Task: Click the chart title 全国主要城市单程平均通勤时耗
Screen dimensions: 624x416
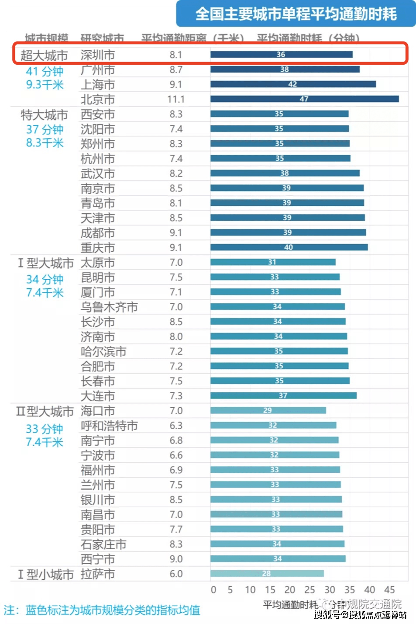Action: (296, 14)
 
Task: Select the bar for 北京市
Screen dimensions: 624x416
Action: (304, 99)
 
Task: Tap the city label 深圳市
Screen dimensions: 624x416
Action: (98, 55)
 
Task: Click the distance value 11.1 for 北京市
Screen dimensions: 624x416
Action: (176, 100)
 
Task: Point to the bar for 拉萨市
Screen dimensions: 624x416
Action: (267, 574)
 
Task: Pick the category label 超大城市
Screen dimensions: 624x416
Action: (44, 55)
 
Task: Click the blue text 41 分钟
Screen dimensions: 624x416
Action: (45, 71)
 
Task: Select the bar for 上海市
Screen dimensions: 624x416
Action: (292, 84)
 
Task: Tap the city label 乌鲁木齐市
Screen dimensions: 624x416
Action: (109, 307)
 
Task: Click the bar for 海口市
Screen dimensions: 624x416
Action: (268, 410)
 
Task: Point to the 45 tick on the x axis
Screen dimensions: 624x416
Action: (389, 590)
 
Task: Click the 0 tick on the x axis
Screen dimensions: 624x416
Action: (213, 590)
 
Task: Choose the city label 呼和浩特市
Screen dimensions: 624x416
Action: (109, 426)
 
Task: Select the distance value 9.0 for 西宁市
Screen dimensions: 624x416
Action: (176, 559)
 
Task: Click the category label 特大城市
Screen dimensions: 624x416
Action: (44, 115)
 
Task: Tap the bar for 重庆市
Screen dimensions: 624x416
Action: (289, 247)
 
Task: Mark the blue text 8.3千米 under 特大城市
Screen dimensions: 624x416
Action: (45, 143)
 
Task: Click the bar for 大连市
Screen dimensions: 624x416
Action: (283, 395)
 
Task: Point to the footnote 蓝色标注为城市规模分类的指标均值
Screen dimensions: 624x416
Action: (113, 610)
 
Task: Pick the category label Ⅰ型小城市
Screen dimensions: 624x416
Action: (45, 574)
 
